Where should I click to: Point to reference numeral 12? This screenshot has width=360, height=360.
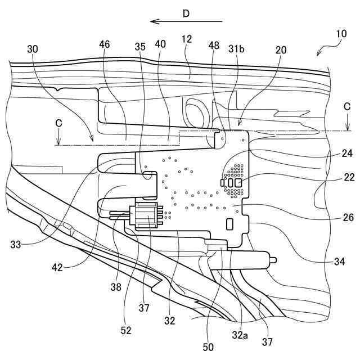(187, 39)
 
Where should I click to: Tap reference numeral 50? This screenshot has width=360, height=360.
(208, 347)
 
